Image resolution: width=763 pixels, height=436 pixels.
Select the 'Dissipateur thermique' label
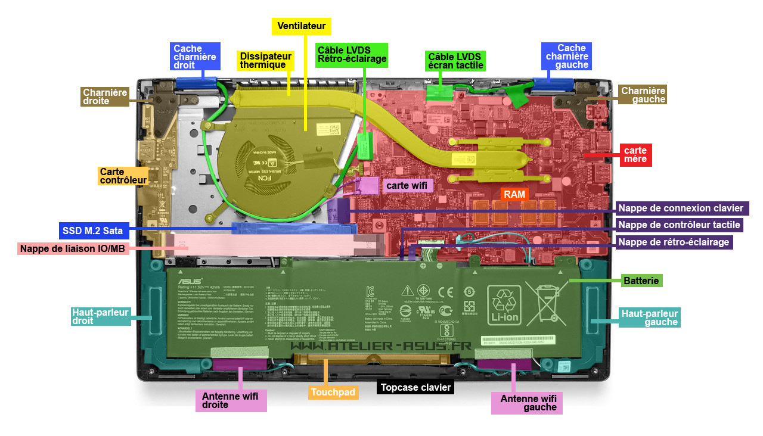[x=266, y=60]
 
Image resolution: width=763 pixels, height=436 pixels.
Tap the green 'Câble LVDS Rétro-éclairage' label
[x=352, y=54]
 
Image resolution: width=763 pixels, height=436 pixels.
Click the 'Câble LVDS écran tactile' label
[x=455, y=60]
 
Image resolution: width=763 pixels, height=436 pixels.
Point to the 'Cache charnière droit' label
[x=195, y=57]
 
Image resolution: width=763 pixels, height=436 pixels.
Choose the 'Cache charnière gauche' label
[x=566, y=56]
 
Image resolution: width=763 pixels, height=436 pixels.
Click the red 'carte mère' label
[x=635, y=154]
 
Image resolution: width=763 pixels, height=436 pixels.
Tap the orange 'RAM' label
[x=514, y=194]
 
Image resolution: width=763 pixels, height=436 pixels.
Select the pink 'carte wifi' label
[x=407, y=185]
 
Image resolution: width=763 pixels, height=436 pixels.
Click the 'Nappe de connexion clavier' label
[x=681, y=208]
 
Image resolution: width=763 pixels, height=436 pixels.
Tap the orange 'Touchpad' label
[x=333, y=392]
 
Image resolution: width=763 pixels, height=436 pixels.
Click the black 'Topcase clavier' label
[x=416, y=387]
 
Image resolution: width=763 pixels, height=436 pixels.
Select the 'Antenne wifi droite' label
[x=231, y=400]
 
